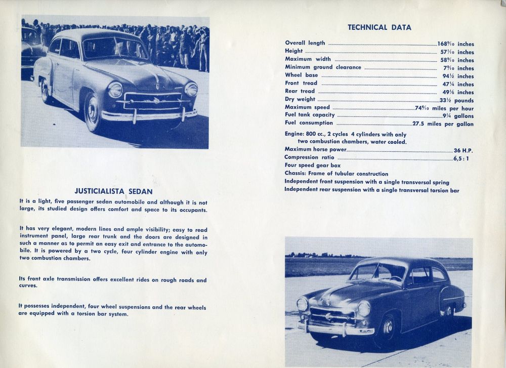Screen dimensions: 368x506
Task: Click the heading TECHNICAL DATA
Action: click(379, 27)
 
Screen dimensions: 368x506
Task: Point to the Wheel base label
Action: click(302, 75)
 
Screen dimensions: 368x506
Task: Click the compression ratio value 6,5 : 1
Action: click(463, 157)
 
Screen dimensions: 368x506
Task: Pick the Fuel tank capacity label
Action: click(310, 115)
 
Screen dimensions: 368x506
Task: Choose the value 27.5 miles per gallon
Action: click(443, 123)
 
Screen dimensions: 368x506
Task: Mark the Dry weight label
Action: click(300, 99)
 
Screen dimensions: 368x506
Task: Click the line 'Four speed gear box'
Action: click(312, 166)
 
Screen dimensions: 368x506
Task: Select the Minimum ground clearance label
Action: click(323, 67)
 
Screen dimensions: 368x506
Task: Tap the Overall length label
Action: click(305, 43)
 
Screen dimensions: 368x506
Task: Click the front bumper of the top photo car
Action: click(150, 115)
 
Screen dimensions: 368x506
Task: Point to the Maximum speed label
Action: click(307, 107)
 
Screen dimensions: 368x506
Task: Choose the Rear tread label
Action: click(300, 91)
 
